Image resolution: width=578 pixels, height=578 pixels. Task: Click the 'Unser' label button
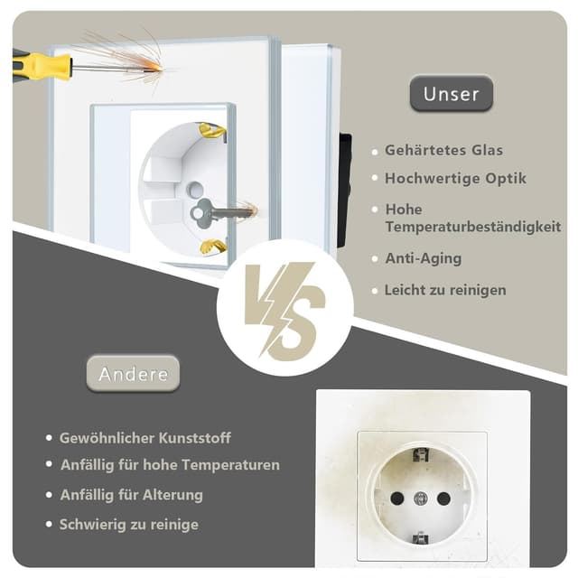[x=451, y=94]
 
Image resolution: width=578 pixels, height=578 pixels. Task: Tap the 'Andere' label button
[x=133, y=374]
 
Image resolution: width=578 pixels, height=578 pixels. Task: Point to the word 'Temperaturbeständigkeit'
[x=472, y=227]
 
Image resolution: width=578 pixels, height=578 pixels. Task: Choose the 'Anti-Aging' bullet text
[x=423, y=258]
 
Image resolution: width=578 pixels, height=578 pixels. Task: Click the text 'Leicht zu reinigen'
[x=445, y=290]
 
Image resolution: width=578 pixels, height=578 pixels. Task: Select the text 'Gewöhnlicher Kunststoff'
[x=144, y=438]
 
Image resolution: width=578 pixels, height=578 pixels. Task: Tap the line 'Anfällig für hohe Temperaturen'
[x=170, y=465]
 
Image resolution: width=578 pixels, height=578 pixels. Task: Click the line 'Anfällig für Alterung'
[x=131, y=495]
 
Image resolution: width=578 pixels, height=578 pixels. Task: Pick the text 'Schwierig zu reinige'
[x=128, y=524]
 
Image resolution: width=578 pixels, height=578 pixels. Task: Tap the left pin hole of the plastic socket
[x=396, y=498]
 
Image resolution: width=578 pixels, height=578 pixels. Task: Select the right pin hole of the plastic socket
[x=443, y=498]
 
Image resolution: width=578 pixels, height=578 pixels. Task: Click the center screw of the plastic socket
[x=420, y=498]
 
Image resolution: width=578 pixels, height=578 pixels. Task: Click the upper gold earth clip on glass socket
[x=212, y=131]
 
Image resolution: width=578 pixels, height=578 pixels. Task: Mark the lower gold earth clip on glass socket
[x=212, y=247]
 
